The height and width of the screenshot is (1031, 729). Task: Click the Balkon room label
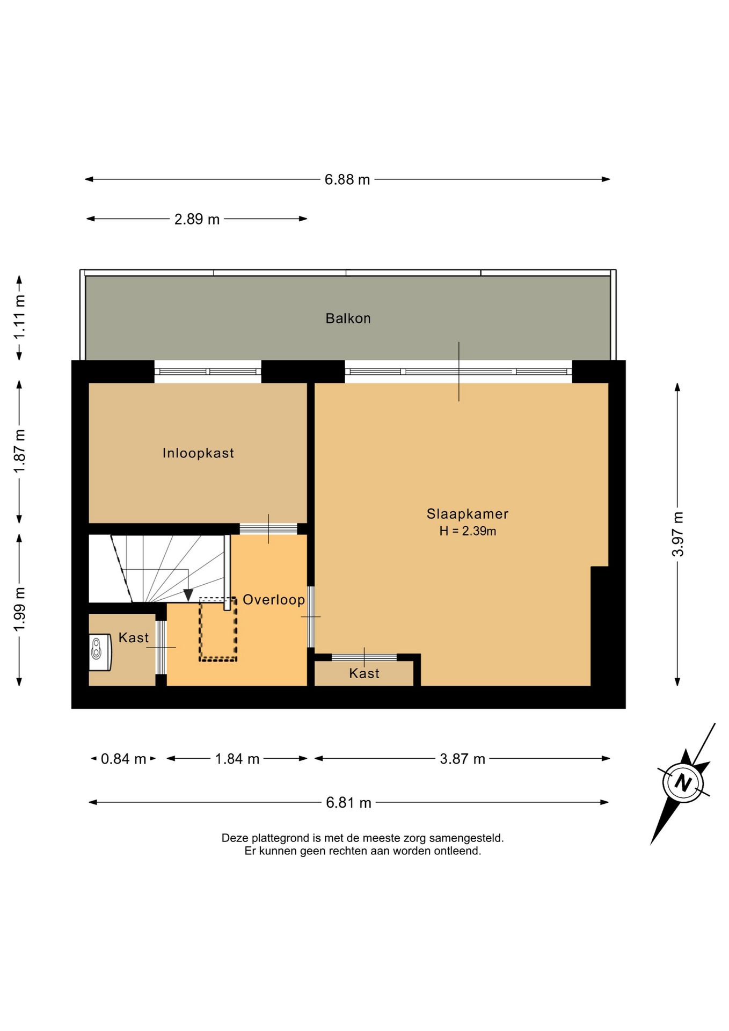coord(348,318)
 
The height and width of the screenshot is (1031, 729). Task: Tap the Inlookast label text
coord(198,453)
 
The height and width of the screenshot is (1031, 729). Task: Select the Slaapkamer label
coord(467,514)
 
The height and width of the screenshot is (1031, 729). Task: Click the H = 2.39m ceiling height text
coord(467,531)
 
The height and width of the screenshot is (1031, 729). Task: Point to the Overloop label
coord(274,600)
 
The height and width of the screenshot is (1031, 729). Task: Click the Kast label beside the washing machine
coord(134,637)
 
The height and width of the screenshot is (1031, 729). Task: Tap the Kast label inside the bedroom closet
coord(364,673)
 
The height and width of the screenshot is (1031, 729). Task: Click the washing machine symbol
coord(99,652)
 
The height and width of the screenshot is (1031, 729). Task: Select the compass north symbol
coord(683,782)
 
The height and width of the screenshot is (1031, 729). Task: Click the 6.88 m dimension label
coord(347,179)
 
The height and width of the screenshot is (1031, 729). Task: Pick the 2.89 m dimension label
coord(197,219)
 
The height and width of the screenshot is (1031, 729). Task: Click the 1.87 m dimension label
coord(19,452)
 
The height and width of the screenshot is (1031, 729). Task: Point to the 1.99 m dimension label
coord(19,609)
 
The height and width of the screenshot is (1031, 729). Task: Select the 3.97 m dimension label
coord(677,534)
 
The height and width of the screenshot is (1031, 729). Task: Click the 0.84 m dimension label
coord(123,759)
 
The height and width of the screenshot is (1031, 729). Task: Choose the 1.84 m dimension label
coord(237,759)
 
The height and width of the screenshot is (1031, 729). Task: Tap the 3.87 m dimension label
coord(462,759)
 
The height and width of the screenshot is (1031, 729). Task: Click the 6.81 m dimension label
coord(348,803)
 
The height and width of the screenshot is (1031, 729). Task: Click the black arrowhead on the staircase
coord(188,595)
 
